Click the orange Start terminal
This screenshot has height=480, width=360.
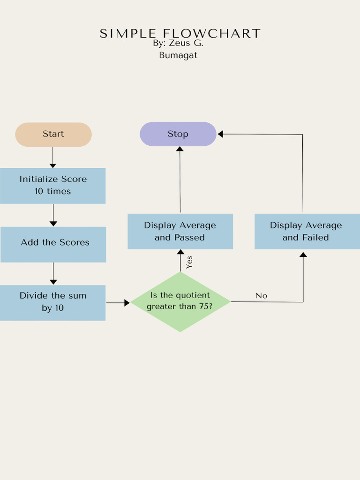[x=53, y=135]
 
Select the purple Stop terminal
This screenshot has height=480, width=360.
[x=178, y=134]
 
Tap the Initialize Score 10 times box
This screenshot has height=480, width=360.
[x=52, y=186]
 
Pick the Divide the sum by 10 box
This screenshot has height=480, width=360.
[x=52, y=302]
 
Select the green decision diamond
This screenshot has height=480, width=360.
[x=180, y=302]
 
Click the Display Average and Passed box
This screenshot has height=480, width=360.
[x=180, y=231]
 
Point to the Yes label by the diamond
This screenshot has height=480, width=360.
[x=189, y=262]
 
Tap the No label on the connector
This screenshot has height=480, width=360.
[x=261, y=296]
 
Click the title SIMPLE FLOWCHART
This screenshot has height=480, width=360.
[x=180, y=34]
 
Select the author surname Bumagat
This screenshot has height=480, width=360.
[x=178, y=55]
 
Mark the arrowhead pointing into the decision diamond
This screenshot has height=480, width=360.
[x=127, y=303]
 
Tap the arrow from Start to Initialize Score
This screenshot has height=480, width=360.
[x=52, y=157]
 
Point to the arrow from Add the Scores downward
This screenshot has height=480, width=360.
[x=53, y=273]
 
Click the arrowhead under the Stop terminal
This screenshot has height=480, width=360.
[x=180, y=149]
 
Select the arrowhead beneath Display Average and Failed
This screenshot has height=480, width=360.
[x=303, y=255]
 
